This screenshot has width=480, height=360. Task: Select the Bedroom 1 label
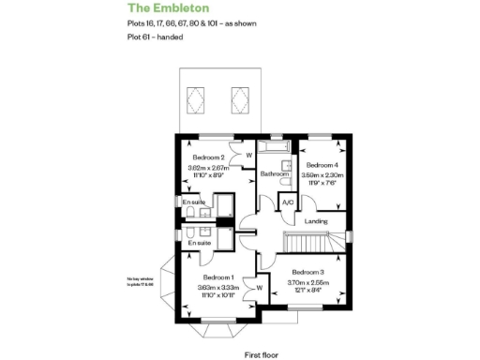click(217, 277)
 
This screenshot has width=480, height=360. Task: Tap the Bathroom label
click(274, 174)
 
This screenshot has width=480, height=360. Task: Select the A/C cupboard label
click(287, 202)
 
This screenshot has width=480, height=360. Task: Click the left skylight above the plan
click(197, 95)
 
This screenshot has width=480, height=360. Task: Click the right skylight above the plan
click(239, 95)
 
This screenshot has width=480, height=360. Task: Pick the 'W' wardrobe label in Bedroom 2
click(247, 156)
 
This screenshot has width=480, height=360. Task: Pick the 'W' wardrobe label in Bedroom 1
click(259, 288)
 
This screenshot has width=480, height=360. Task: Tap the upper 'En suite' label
click(194, 202)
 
